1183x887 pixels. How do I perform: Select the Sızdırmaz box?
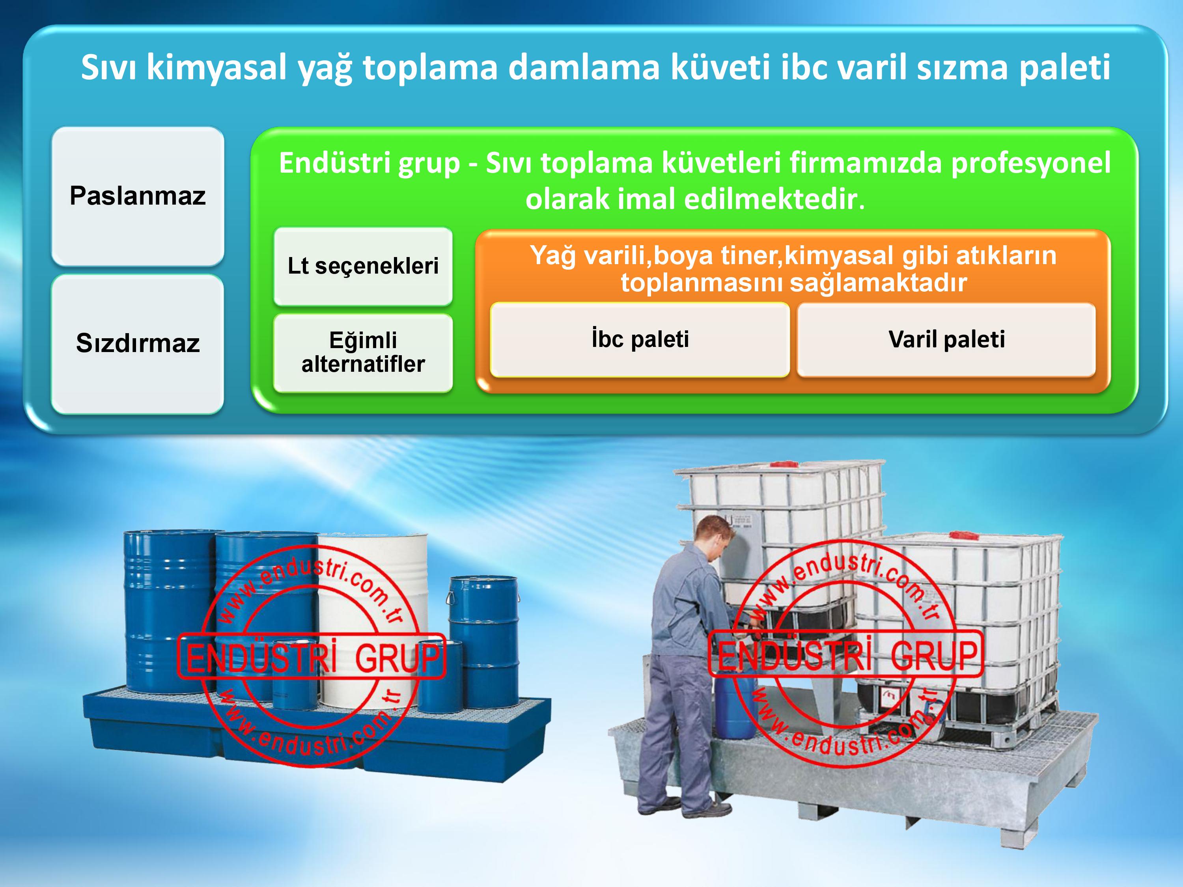click(138, 343)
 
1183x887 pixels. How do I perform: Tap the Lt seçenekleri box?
click(363, 266)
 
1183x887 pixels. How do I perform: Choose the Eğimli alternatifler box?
click(363, 352)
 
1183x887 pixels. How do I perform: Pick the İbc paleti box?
click(640, 339)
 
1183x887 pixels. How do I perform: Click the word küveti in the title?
click(720, 68)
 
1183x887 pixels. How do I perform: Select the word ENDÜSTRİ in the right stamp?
click(795, 654)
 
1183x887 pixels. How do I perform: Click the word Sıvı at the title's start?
click(109, 67)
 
